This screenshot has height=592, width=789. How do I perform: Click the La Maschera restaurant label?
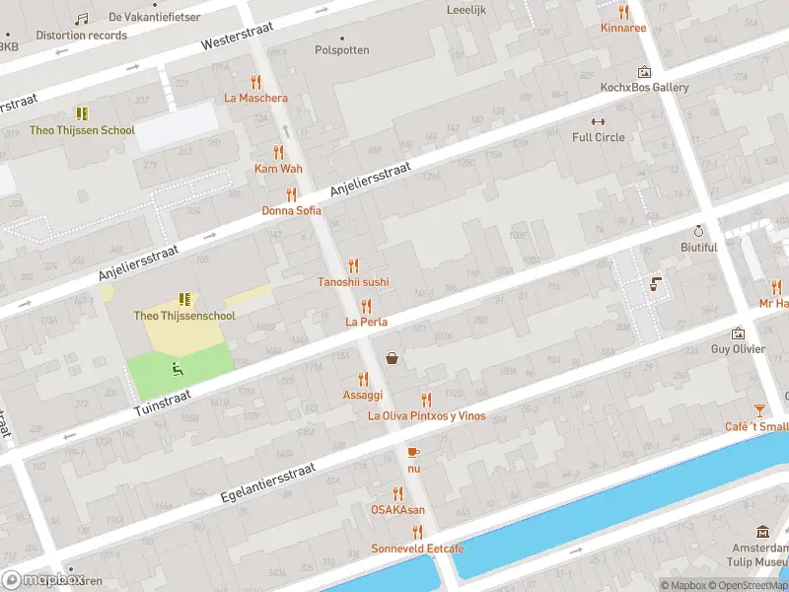coord(255,98)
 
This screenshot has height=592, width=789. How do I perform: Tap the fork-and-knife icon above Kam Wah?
coord(278,152)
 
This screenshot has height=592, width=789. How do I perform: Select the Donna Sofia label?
coord(291,210)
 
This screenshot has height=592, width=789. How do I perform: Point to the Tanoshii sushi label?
coord(353,281)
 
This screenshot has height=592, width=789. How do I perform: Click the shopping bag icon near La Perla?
coord(393,358)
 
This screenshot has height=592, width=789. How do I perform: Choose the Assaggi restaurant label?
coord(362,394)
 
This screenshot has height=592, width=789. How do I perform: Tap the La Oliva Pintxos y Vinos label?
coord(426,415)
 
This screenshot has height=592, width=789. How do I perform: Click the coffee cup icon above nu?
coord(413,451)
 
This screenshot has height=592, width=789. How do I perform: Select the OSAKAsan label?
coord(397,509)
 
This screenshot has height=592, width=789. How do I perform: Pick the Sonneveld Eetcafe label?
coord(417,548)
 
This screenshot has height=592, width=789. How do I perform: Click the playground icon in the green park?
coord(178,369)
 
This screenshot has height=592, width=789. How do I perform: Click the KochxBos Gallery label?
coord(644,87)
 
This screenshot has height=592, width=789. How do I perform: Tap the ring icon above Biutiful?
coord(698,230)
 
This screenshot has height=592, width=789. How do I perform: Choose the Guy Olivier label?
coord(738,348)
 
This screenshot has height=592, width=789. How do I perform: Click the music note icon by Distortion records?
coord(81,19)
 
